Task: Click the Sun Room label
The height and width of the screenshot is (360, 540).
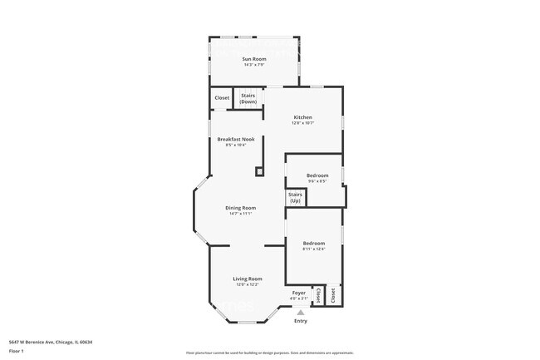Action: coord(254,59)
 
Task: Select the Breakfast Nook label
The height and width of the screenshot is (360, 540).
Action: coord(235,139)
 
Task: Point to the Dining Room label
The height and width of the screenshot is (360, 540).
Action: coord(241,208)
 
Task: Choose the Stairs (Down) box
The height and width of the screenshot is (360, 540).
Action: coord(248,98)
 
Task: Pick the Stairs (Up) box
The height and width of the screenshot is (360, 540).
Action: coord(295,198)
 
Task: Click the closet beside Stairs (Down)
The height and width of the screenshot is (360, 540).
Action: coord(222,98)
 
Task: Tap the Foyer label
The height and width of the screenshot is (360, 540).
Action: coord(298,293)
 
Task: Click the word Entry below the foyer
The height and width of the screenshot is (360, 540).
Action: coord(300,321)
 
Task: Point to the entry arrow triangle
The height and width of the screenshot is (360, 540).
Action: coord(300,313)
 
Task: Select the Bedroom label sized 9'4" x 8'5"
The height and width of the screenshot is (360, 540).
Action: coord(317,175)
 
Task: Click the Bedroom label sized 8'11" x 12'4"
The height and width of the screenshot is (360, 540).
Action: coord(313,243)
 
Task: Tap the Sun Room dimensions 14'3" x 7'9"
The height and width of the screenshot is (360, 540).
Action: coord(254,66)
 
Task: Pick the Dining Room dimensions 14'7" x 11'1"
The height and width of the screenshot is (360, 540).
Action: coord(241,214)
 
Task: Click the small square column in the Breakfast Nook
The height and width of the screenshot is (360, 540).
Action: coord(259,171)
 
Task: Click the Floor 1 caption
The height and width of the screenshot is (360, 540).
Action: coord(15,351)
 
